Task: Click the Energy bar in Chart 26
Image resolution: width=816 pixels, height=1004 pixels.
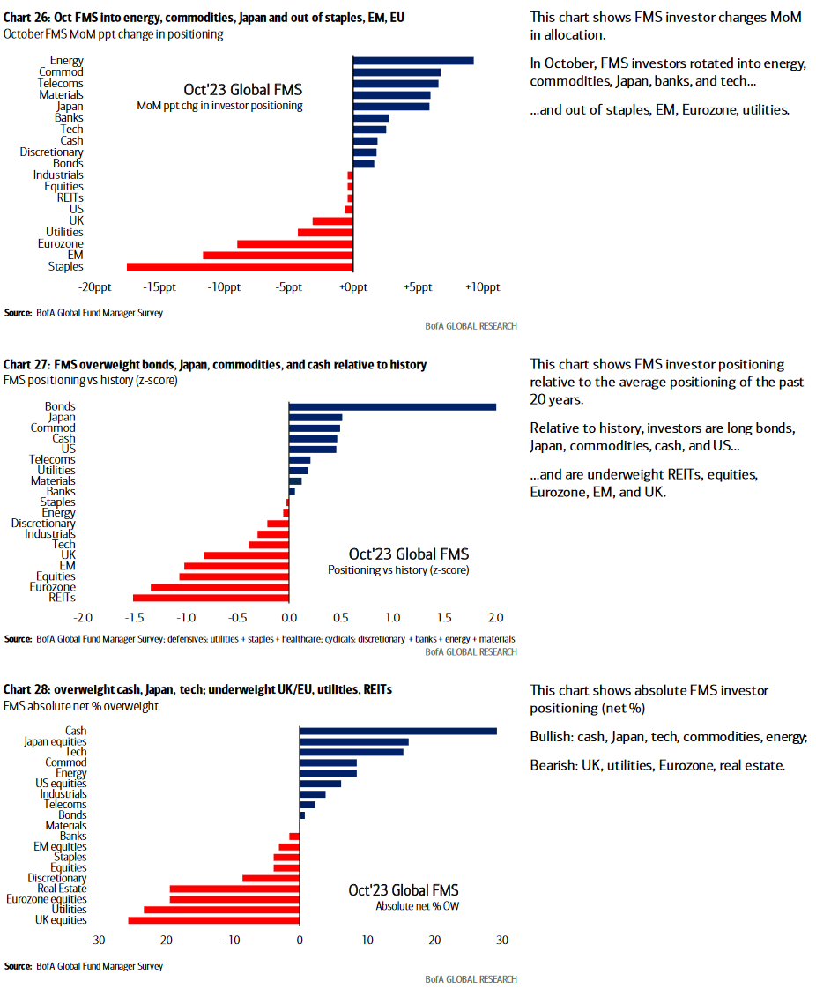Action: click(412, 61)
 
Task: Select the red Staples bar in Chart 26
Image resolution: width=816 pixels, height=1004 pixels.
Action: click(240, 266)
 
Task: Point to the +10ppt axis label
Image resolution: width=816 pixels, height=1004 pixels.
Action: click(483, 287)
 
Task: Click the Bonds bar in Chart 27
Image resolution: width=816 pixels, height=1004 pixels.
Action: click(392, 406)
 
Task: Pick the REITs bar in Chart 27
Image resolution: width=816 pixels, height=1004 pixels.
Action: click(211, 598)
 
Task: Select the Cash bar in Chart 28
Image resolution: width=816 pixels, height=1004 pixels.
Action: click(398, 731)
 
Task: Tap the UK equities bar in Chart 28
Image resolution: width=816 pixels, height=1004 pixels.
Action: click(214, 920)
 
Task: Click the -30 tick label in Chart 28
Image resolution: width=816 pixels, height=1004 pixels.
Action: click(98, 941)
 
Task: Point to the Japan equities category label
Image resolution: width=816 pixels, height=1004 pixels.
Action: click(55, 741)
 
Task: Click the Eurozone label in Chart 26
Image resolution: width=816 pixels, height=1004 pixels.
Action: click(61, 243)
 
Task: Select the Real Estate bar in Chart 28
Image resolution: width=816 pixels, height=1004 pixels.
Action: click(234, 889)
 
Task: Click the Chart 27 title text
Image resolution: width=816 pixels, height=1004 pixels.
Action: click(215, 365)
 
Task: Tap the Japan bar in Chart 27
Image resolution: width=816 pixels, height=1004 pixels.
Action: click(315, 417)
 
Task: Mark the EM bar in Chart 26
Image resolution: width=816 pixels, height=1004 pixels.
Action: click(278, 255)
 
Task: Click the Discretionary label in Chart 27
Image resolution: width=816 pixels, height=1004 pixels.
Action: click(43, 524)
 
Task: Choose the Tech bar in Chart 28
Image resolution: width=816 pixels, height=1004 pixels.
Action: click(352, 752)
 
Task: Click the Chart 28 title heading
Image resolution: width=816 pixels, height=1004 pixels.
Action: click(198, 689)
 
